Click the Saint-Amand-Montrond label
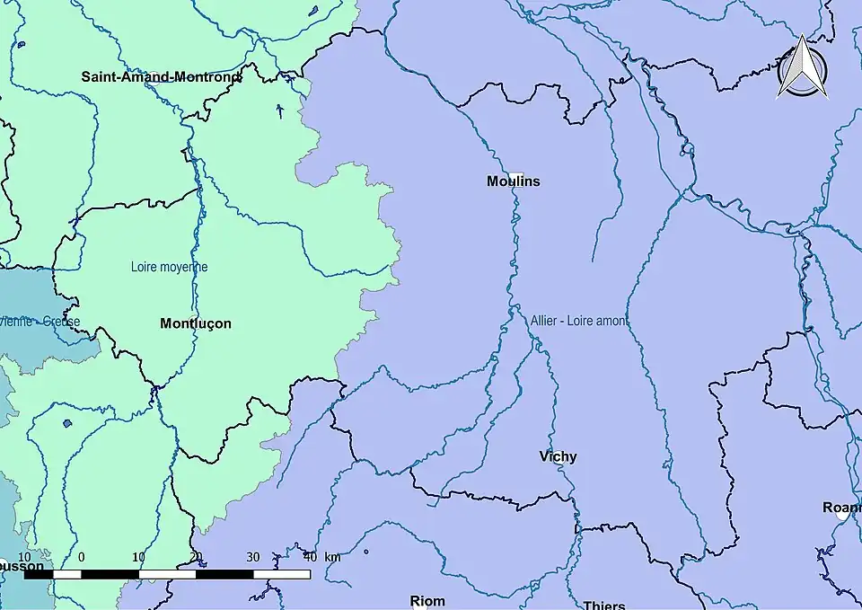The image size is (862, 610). (x=161, y=77)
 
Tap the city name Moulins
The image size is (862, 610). (x=514, y=181)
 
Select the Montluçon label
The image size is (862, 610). (x=195, y=323)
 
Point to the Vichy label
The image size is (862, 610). (x=558, y=456)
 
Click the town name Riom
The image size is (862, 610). (x=427, y=601)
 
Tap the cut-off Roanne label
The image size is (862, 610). (x=842, y=508)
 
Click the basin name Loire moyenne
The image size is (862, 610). (x=169, y=267)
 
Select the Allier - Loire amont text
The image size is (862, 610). (x=578, y=320)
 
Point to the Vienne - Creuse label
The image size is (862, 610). (x=40, y=322)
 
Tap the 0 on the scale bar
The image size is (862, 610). (x=82, y=557)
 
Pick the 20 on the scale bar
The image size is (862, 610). (x=196, y=557)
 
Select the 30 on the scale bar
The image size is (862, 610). (x=252, y=557)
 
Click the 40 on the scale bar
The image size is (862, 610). (x=309, y=557)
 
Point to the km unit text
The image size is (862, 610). (x=332, y=557)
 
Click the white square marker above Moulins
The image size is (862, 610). (x=515, y=172)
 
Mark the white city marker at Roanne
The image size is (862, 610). (x=842, y=517)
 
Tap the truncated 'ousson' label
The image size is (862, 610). (x=22, y=567)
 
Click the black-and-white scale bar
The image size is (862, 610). (x=167, y=573)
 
